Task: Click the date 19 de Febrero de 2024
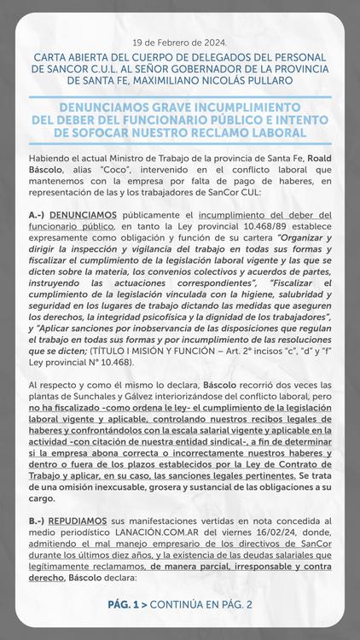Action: click(180, 43)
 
